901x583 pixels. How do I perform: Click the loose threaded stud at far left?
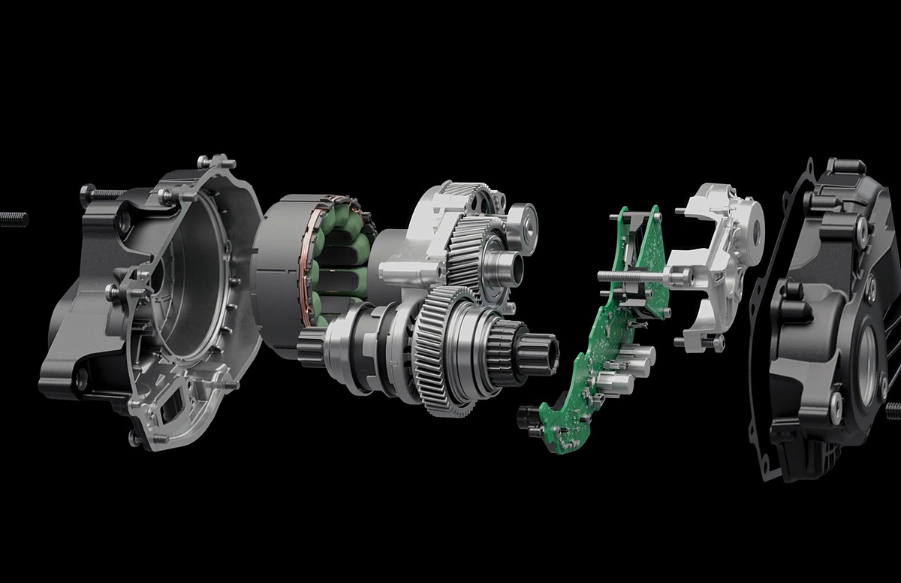pos(14,219)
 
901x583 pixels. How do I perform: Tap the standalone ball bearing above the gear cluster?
pos(520,228)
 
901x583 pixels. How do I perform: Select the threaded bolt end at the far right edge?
pos(893,410)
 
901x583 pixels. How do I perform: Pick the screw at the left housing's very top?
pos(215,162)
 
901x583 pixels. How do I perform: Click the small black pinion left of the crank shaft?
pos(308,346)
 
